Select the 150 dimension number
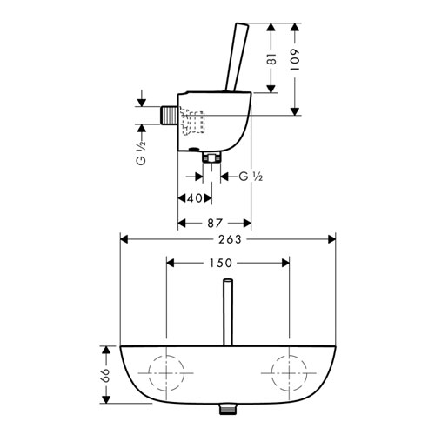coord(221,263)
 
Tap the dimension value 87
coord(215,223)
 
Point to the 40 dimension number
coord(195,198)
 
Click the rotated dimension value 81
coord(271,58)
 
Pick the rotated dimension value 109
coord(295,60)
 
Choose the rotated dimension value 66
coord(105,376)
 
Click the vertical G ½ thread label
coord(141,152)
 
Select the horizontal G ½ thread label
coord(251,177)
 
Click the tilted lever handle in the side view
coord(237,57)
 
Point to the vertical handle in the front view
coord(228,312)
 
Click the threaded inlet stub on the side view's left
coord(169,116)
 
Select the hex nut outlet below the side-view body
coord(211,157)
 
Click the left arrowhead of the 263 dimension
coord(124,239)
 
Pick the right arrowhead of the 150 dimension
coord(285,263)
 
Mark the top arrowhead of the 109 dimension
coord(295,28)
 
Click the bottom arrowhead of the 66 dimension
coord(106,398)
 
